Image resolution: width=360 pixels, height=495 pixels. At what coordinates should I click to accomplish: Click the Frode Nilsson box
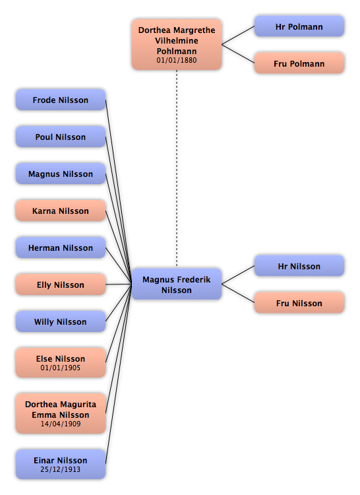[61, 100]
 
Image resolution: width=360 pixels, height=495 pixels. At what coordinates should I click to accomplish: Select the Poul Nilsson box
[61, 137]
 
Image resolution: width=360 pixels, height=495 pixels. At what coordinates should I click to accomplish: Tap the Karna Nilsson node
[61, 211]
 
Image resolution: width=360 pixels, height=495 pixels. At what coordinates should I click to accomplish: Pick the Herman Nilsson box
[61, 247]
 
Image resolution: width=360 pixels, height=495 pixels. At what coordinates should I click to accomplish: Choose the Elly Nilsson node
[61, 284]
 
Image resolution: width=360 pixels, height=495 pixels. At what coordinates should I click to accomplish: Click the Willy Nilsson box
[61, 321]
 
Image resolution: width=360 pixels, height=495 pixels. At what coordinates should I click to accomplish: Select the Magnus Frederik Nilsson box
[177, 284]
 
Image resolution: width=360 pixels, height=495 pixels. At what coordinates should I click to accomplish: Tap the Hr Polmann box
[299, 26]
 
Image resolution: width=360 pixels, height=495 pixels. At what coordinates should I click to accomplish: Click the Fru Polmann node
[299, 63]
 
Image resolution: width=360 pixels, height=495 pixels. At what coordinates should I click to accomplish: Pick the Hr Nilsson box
[299, 266]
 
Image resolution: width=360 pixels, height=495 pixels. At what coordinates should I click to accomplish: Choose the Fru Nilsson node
[299, 303]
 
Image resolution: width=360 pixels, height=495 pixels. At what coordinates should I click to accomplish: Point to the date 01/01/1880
[177, 60]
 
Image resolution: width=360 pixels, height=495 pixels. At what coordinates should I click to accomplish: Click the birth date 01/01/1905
[61, 368]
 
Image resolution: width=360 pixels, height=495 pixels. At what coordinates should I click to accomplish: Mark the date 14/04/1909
[61, 424]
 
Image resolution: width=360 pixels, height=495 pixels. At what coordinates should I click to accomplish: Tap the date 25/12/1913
[61, 469]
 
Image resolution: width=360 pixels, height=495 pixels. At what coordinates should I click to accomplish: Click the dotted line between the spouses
[177, 169]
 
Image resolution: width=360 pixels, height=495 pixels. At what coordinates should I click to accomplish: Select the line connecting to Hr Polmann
[238, 35]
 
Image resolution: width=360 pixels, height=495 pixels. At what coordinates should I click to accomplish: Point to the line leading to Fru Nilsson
[238, 294]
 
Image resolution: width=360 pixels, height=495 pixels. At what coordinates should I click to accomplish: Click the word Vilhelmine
[177, 41]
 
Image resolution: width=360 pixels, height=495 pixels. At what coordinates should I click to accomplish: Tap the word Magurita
[79, 405]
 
